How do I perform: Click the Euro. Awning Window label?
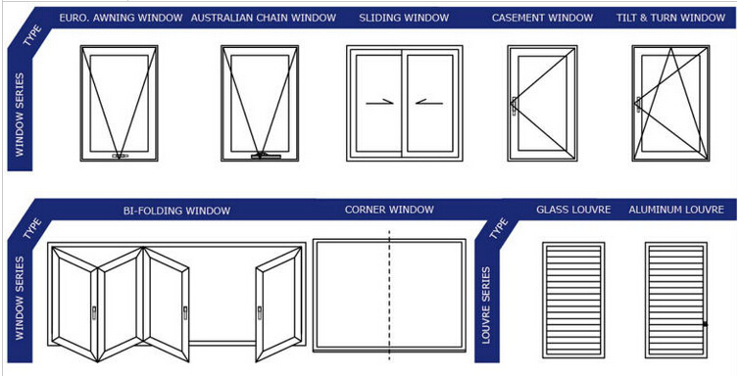click(x=121, y=18)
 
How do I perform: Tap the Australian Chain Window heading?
click(x=264, y=18)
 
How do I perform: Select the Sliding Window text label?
click(x=404, y=18)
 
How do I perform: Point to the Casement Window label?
click(x=542, y=18)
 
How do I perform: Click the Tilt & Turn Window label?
click(x=670, y=18)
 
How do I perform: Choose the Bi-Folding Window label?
click(x=176, y=211)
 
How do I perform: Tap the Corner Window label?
click(x=389, y=210)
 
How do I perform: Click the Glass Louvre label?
click(x=573, y=210)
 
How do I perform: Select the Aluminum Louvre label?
click(x=676, y=210)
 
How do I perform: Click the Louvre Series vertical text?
click(x=486, y=305)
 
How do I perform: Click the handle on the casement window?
click(x=514, y=106)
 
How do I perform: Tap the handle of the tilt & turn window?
click(x=638, y=105)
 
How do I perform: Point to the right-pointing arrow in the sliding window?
click(x=379, y=102)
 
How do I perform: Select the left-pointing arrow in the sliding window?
click(x=429, y=102)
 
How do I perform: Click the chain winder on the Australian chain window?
click(x=266, y=156)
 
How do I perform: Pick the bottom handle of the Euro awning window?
click(x=120, y=156)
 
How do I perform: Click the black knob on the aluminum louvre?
click(x=705, y=324)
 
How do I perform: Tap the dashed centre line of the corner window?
click(x=389, y=296)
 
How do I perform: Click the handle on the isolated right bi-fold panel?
click(x=260, y=312)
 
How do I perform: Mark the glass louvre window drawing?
click(x=573, y=300)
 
